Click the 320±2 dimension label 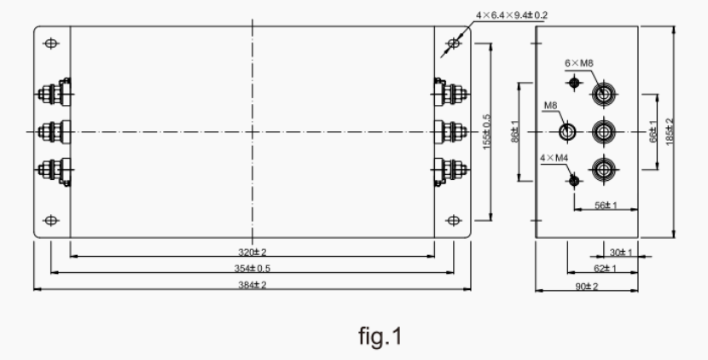[x=252, y=253]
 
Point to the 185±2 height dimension [x=671, y=132]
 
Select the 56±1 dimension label [x=606, y=205]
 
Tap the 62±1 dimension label [x=605, y=269]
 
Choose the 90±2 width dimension [x=586, y=286]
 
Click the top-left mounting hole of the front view [x=51, y=43]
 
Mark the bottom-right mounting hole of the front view [x=453, y=221]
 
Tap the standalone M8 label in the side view [x=551, y=107]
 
